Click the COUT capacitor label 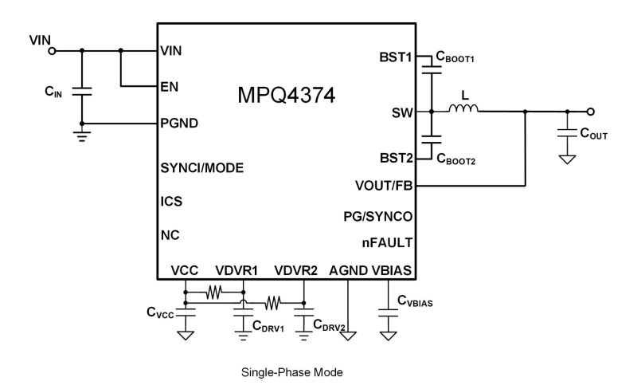(x=594, y=136)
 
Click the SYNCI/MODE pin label (x=201, y=168)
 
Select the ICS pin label (x=171, y=202)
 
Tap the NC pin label (x=170, y=236)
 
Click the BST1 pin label (x=396, y=57)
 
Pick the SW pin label (x=402, y=112)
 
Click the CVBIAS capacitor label (x=416, y=302)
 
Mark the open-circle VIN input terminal (x=53, y=51)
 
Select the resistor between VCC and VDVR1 (x=213, y=293)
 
